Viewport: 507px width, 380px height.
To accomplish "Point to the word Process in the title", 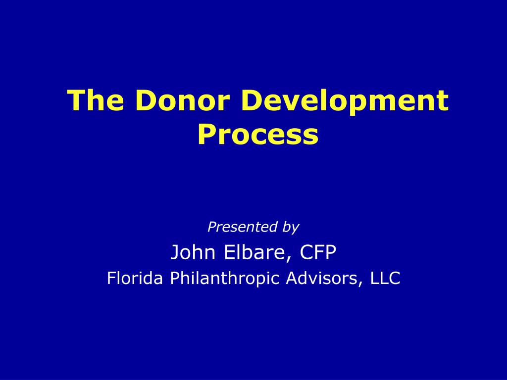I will point(257,135).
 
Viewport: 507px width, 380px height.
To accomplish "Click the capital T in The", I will point(76,100).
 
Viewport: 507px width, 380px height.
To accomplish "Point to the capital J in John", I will point(175,253).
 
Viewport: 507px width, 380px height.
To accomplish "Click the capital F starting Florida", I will point(111,279).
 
